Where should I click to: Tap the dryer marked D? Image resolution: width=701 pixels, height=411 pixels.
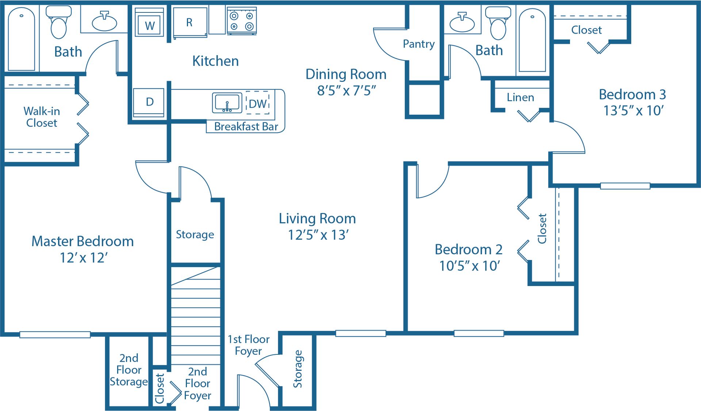click(x=149, y=102)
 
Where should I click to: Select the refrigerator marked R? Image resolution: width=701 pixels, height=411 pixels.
click(x=190, y=23)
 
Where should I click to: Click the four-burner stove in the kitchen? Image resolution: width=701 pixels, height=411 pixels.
click(x=242, y=21)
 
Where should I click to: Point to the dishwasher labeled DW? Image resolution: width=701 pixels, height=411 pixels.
click(x=258, y=103)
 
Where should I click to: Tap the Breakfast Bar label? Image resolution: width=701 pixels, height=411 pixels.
click(x=246, y=126)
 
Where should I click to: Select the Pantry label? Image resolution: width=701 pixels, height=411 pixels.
click(x=418, y=44)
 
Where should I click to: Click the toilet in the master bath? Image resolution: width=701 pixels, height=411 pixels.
click(x=58, y=23)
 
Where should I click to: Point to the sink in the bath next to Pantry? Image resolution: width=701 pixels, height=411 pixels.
click(x=462, y=23)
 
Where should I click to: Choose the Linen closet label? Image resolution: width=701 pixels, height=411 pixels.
click(x=520, y=98)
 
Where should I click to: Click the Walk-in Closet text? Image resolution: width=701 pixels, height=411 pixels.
click(x=42, y=117)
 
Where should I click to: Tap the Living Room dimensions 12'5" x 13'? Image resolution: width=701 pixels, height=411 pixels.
click(x=318, y=235)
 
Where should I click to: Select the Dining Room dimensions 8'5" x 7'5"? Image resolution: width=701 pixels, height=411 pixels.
click(x=346, y=90)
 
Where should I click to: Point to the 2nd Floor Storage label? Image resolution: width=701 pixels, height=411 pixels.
click(x=129, y=370)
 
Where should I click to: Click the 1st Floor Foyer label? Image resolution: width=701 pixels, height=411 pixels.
click(x=248, y=345)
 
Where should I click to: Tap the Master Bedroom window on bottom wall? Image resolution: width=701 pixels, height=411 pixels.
click(x=55, y=334)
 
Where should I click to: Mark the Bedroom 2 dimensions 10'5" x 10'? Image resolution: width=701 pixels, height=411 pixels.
click(x=469, y=266)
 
